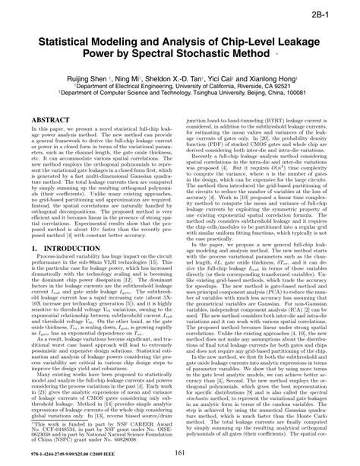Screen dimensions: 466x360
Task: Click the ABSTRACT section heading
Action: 52,121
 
